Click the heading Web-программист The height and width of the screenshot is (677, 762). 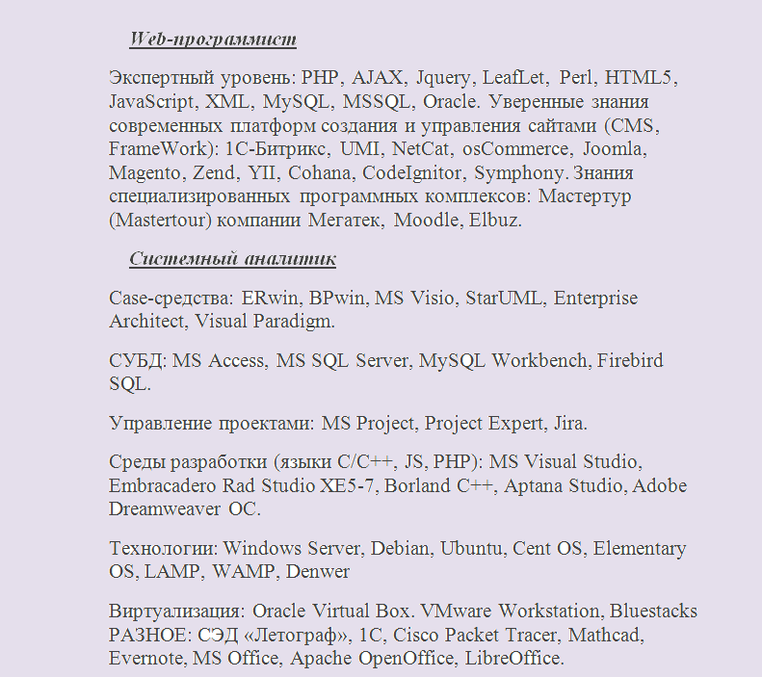pyautogui.click(x=213, y=39)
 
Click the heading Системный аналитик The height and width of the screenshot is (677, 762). pyautogui.click(x=232, y=259)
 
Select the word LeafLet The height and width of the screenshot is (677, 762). pyautogui.click(x=515, y=77)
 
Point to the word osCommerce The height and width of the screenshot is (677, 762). pyautogui.click(x=515, y=149)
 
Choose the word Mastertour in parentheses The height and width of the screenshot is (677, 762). pyautogui.click(x=161, y=221)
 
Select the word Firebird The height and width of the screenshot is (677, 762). pyautogui.click(x=630, y=361)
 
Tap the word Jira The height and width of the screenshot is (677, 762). pyautogui.click(x=569, y=423)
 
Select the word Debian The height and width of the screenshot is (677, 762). pyautogui.click(x=401, y=549)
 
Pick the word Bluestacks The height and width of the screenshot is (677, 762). pyautogui.click(x=653, y=612)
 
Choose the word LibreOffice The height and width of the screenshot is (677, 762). pyautogui.click(x=514, y=659)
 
